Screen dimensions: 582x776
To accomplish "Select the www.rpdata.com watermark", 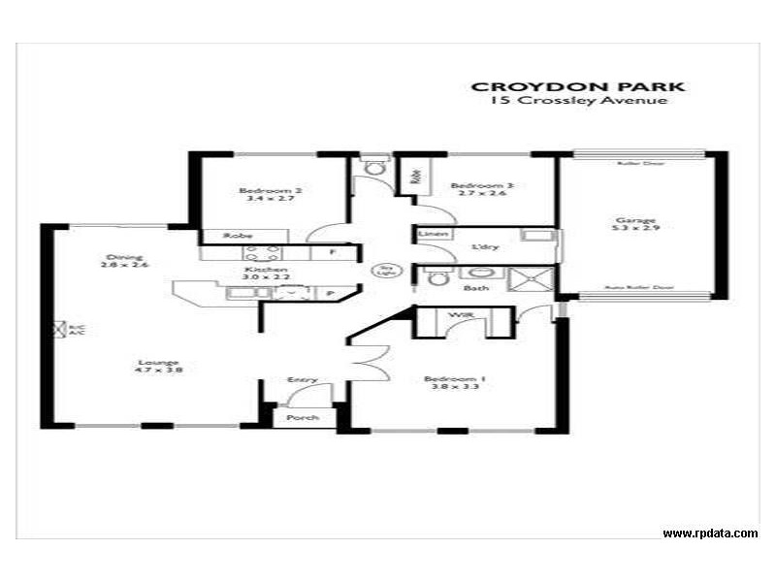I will [x=710, y=533].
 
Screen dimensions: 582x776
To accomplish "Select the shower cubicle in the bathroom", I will [x=532, y=279].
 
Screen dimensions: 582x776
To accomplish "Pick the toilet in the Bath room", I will [x=438, y=279].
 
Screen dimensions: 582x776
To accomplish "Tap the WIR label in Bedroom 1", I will [x=455, y=315].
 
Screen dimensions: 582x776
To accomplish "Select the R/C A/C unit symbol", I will [x=58, y=329].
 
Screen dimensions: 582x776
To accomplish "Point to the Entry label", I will [x=302, y=379].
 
